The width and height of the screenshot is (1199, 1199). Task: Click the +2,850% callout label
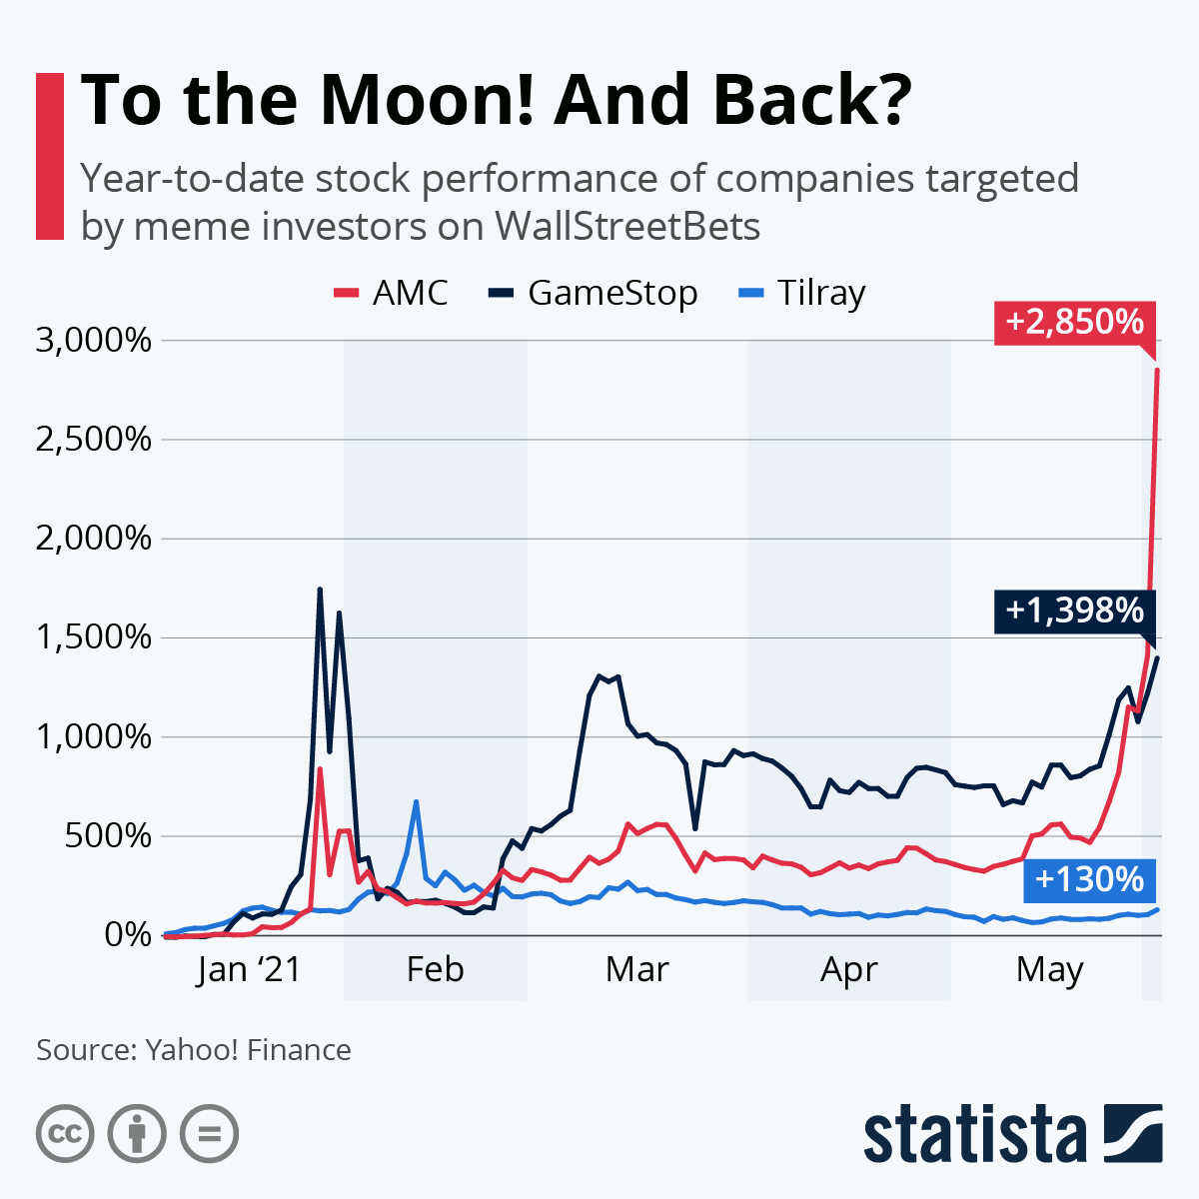coord(1074,322)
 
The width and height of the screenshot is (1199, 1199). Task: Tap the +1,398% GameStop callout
coord(1074,609)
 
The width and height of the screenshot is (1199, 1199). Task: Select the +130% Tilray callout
coord(1089,879)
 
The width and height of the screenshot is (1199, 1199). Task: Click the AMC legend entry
coord(392,293)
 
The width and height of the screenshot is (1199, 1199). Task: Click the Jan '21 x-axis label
coord(249,969)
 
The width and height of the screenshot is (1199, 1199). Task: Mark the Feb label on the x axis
coord(435,969)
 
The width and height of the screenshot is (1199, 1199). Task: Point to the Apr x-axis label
coord(848,969)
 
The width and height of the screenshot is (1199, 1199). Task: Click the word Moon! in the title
coord(426,100)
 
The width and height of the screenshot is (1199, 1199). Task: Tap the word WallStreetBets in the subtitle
coord(627,227)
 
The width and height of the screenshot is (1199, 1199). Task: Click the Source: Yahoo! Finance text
coord(194,1050)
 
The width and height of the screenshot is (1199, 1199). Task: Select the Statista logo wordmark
coord(974,1134)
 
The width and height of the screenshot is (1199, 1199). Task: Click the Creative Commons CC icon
coord(65,1134)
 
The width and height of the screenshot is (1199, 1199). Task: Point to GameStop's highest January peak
coord(320,590)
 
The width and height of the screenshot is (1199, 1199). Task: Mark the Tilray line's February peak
coord(416,801)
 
